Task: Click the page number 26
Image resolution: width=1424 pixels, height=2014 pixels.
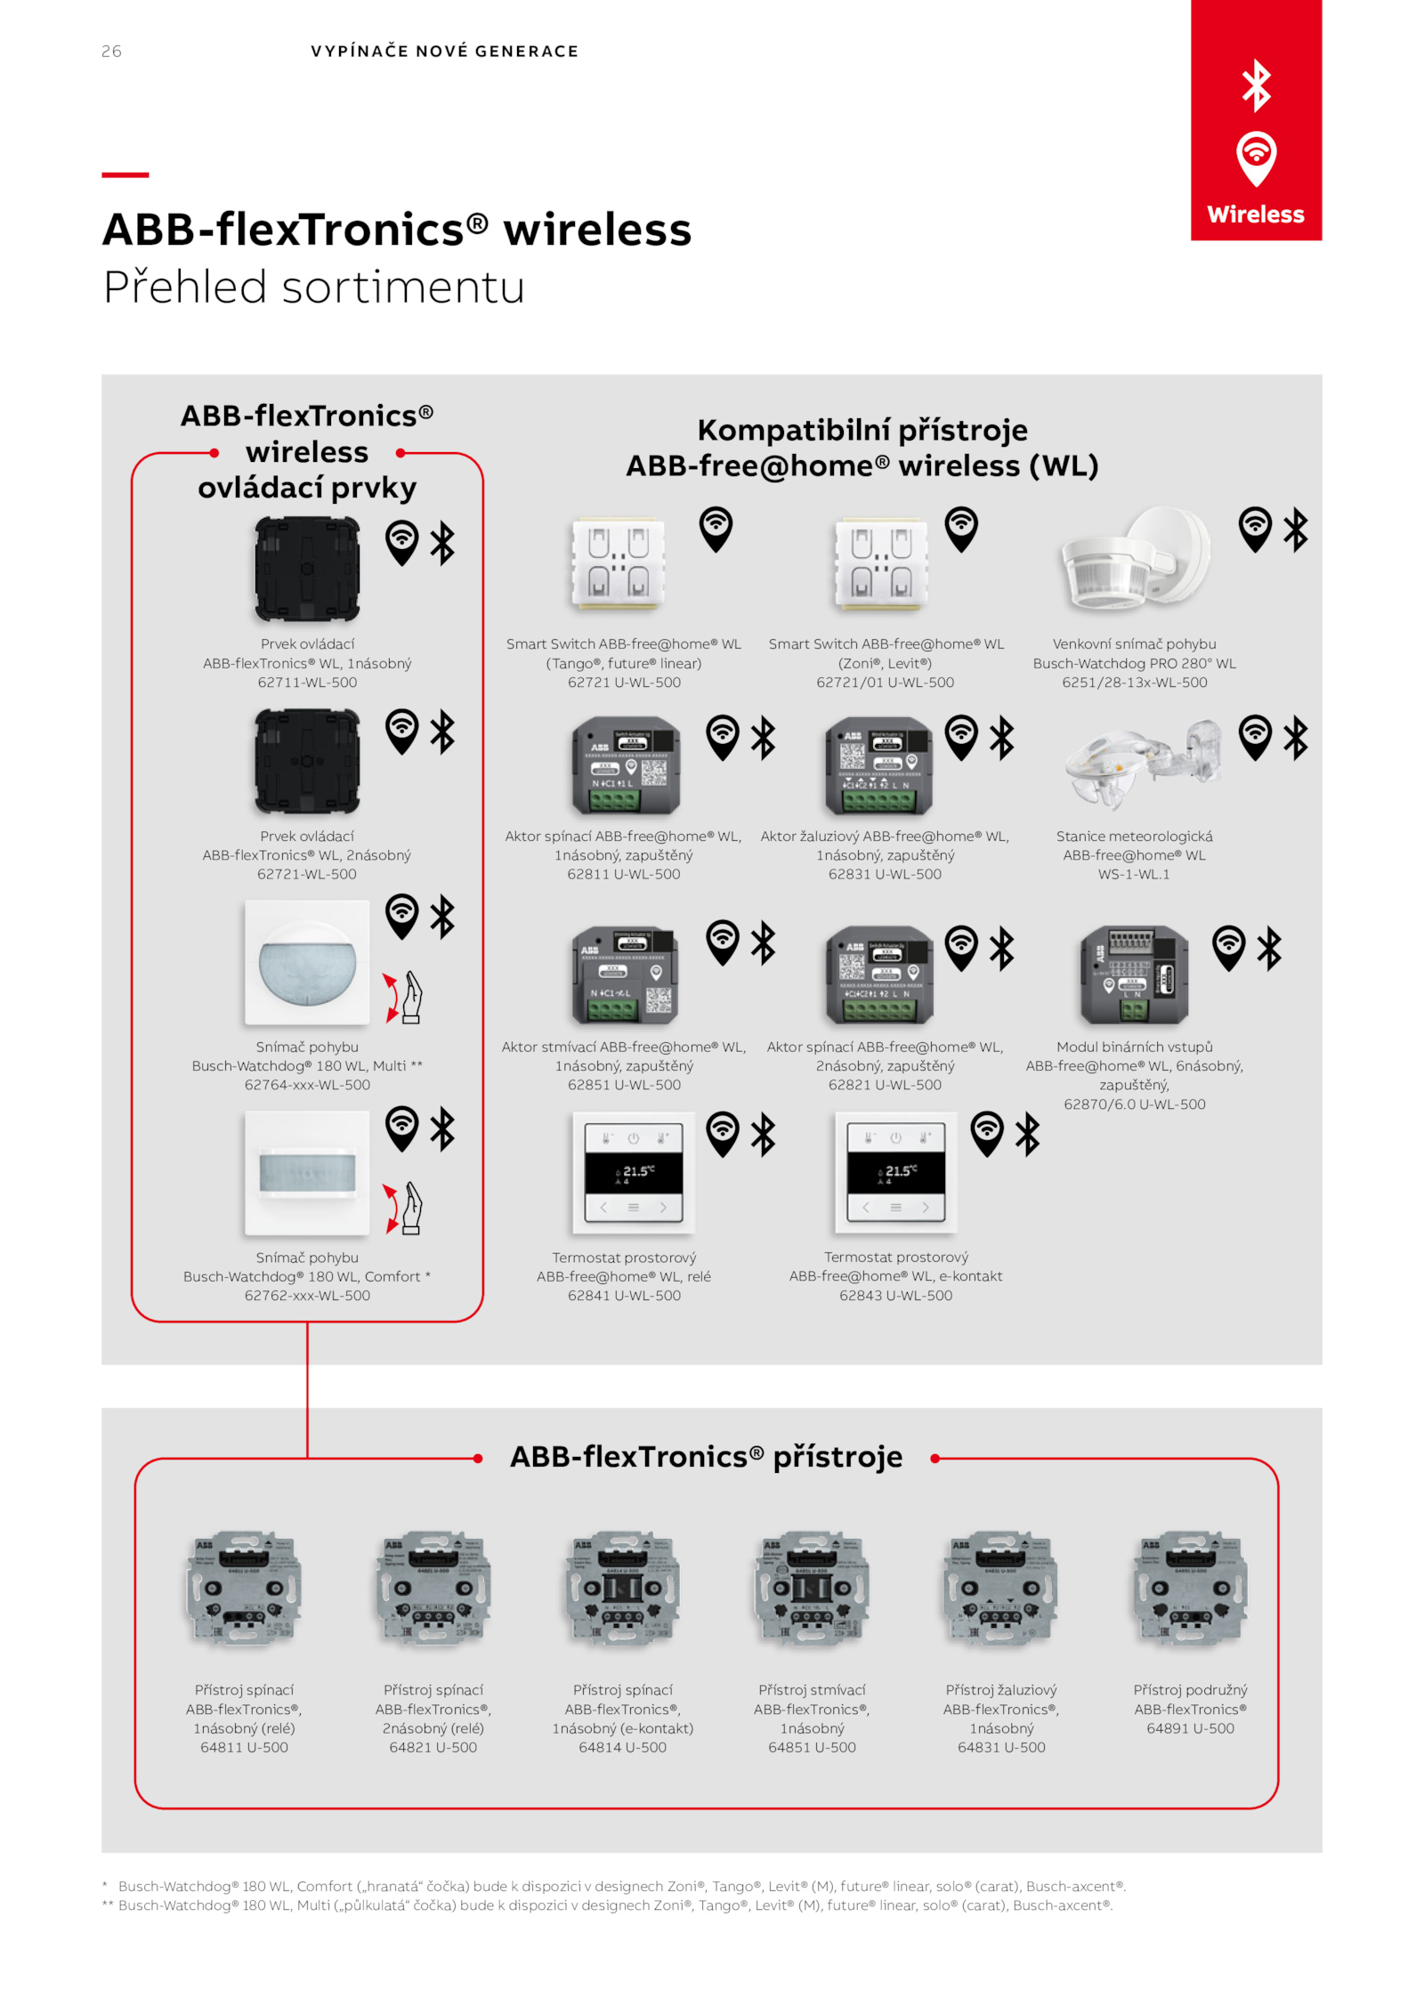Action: point(111,52)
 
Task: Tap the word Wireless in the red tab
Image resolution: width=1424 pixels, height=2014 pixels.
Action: point(1255,214)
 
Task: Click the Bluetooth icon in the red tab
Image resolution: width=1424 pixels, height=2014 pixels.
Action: point(1256,85)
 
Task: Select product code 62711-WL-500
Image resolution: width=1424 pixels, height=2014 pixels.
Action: point(307,683)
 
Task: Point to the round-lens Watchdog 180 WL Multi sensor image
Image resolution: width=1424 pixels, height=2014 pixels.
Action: point(307,963)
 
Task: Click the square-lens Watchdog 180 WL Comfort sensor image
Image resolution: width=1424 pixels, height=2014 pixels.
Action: point(307,1173)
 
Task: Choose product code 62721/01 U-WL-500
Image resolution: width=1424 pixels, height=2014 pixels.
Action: point(885,683)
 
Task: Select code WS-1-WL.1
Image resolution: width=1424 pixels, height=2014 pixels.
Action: point(1134,875)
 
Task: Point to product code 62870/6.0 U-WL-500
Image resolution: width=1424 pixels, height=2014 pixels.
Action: point(1135,1104)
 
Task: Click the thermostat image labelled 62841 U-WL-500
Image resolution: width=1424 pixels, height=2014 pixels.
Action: point(633,1172)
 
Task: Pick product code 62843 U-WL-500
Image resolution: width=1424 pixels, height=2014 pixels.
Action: point(895,1296)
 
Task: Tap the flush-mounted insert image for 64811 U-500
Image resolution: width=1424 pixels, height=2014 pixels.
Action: point(244,1589)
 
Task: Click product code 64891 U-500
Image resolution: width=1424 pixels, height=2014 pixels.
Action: point(1190,1728)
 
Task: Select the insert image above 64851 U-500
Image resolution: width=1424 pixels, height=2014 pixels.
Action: point(812,1589)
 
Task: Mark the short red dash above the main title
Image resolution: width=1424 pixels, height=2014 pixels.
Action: point(125,174)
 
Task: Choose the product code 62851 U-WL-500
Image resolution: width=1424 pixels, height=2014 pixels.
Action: point(624,1085)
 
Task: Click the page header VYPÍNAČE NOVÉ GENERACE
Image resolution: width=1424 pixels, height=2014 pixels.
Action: point(444,52)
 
